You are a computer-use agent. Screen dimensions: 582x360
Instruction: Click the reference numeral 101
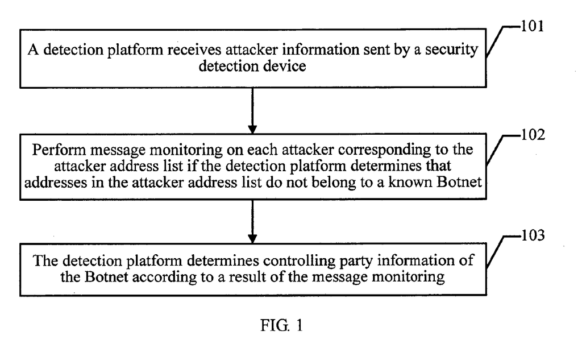(533, 26)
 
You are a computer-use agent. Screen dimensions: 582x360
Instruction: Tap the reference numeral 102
(533, 134)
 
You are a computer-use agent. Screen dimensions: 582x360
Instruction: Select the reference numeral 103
(533, 235)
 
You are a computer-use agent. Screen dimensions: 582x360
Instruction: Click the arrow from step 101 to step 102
(252, 111)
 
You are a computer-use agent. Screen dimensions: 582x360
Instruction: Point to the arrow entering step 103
(252, 221)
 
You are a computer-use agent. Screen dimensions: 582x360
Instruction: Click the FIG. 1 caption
(282, 325)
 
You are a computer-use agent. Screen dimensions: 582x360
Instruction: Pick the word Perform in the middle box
(59, 150)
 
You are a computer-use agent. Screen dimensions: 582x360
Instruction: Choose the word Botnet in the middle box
(459, 182)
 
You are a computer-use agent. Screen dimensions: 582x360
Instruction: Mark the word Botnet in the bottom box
(106, 277)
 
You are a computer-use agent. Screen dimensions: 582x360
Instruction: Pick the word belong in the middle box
(338, 183)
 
